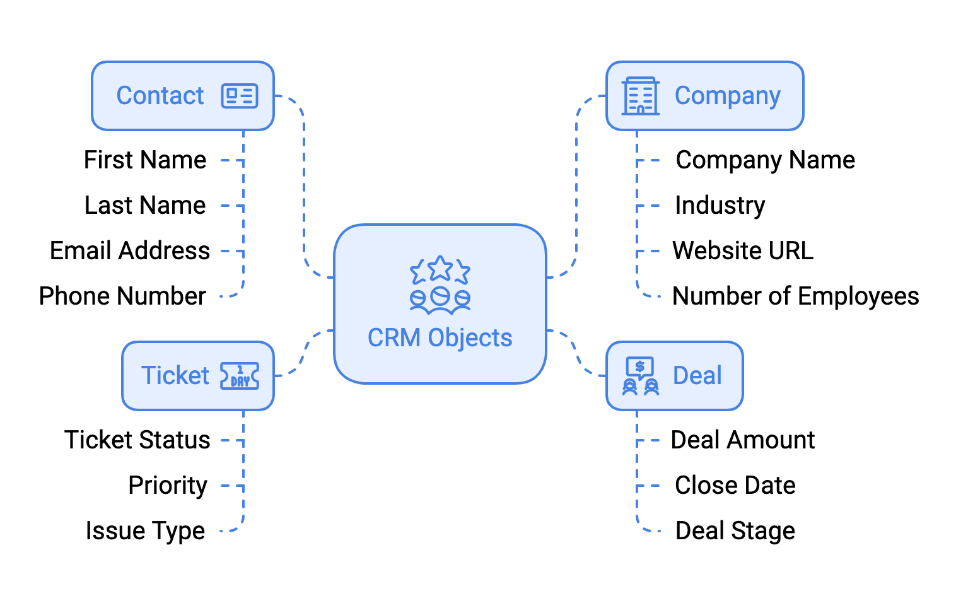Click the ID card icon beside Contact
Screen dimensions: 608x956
(240, 96)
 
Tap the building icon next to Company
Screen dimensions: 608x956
(640, 96)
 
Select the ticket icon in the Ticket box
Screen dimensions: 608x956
(240, 376)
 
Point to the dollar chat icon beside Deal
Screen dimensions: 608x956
(640, 376)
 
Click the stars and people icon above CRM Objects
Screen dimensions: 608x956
(440, 285)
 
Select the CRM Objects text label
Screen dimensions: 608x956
(440, 338)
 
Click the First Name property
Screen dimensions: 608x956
(145, 160)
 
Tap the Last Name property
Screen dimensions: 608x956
(145, 206)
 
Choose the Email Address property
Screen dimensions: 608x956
(130, 251)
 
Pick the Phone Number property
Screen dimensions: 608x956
(122, 296)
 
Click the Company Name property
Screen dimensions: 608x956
(765, 160)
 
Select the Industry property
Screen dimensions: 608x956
(720, 206)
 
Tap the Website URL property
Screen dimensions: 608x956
(743, 251)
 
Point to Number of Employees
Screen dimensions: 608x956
(795, 296)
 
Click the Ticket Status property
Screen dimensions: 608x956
(137, 440)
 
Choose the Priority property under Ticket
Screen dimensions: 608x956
(168, 486)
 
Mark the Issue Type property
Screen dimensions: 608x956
(145, 531)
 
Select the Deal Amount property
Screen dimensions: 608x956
(743, 440)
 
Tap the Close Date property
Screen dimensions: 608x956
(735, 486)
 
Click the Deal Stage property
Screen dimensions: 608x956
(735, 531)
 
